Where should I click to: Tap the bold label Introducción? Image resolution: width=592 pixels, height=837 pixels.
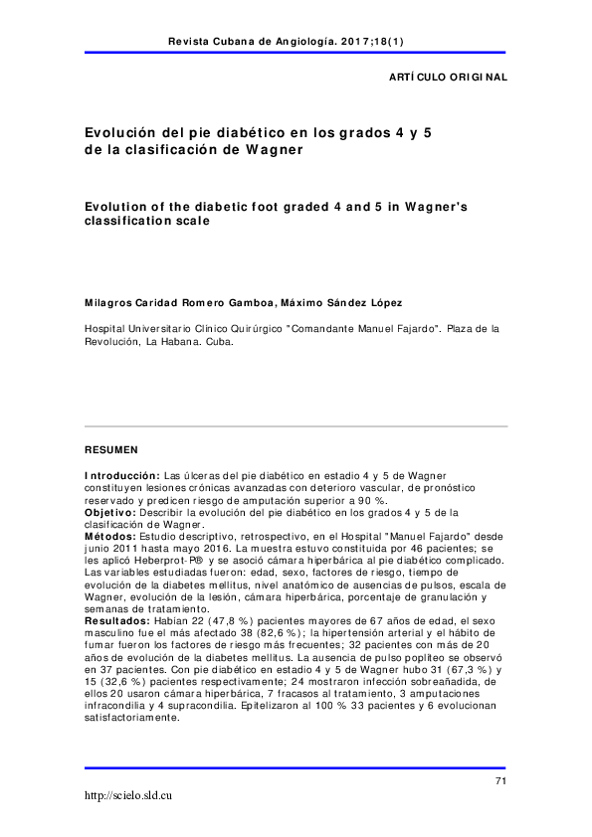tap(122, 476)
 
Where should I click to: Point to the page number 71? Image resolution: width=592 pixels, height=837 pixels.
tap(500, 781)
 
